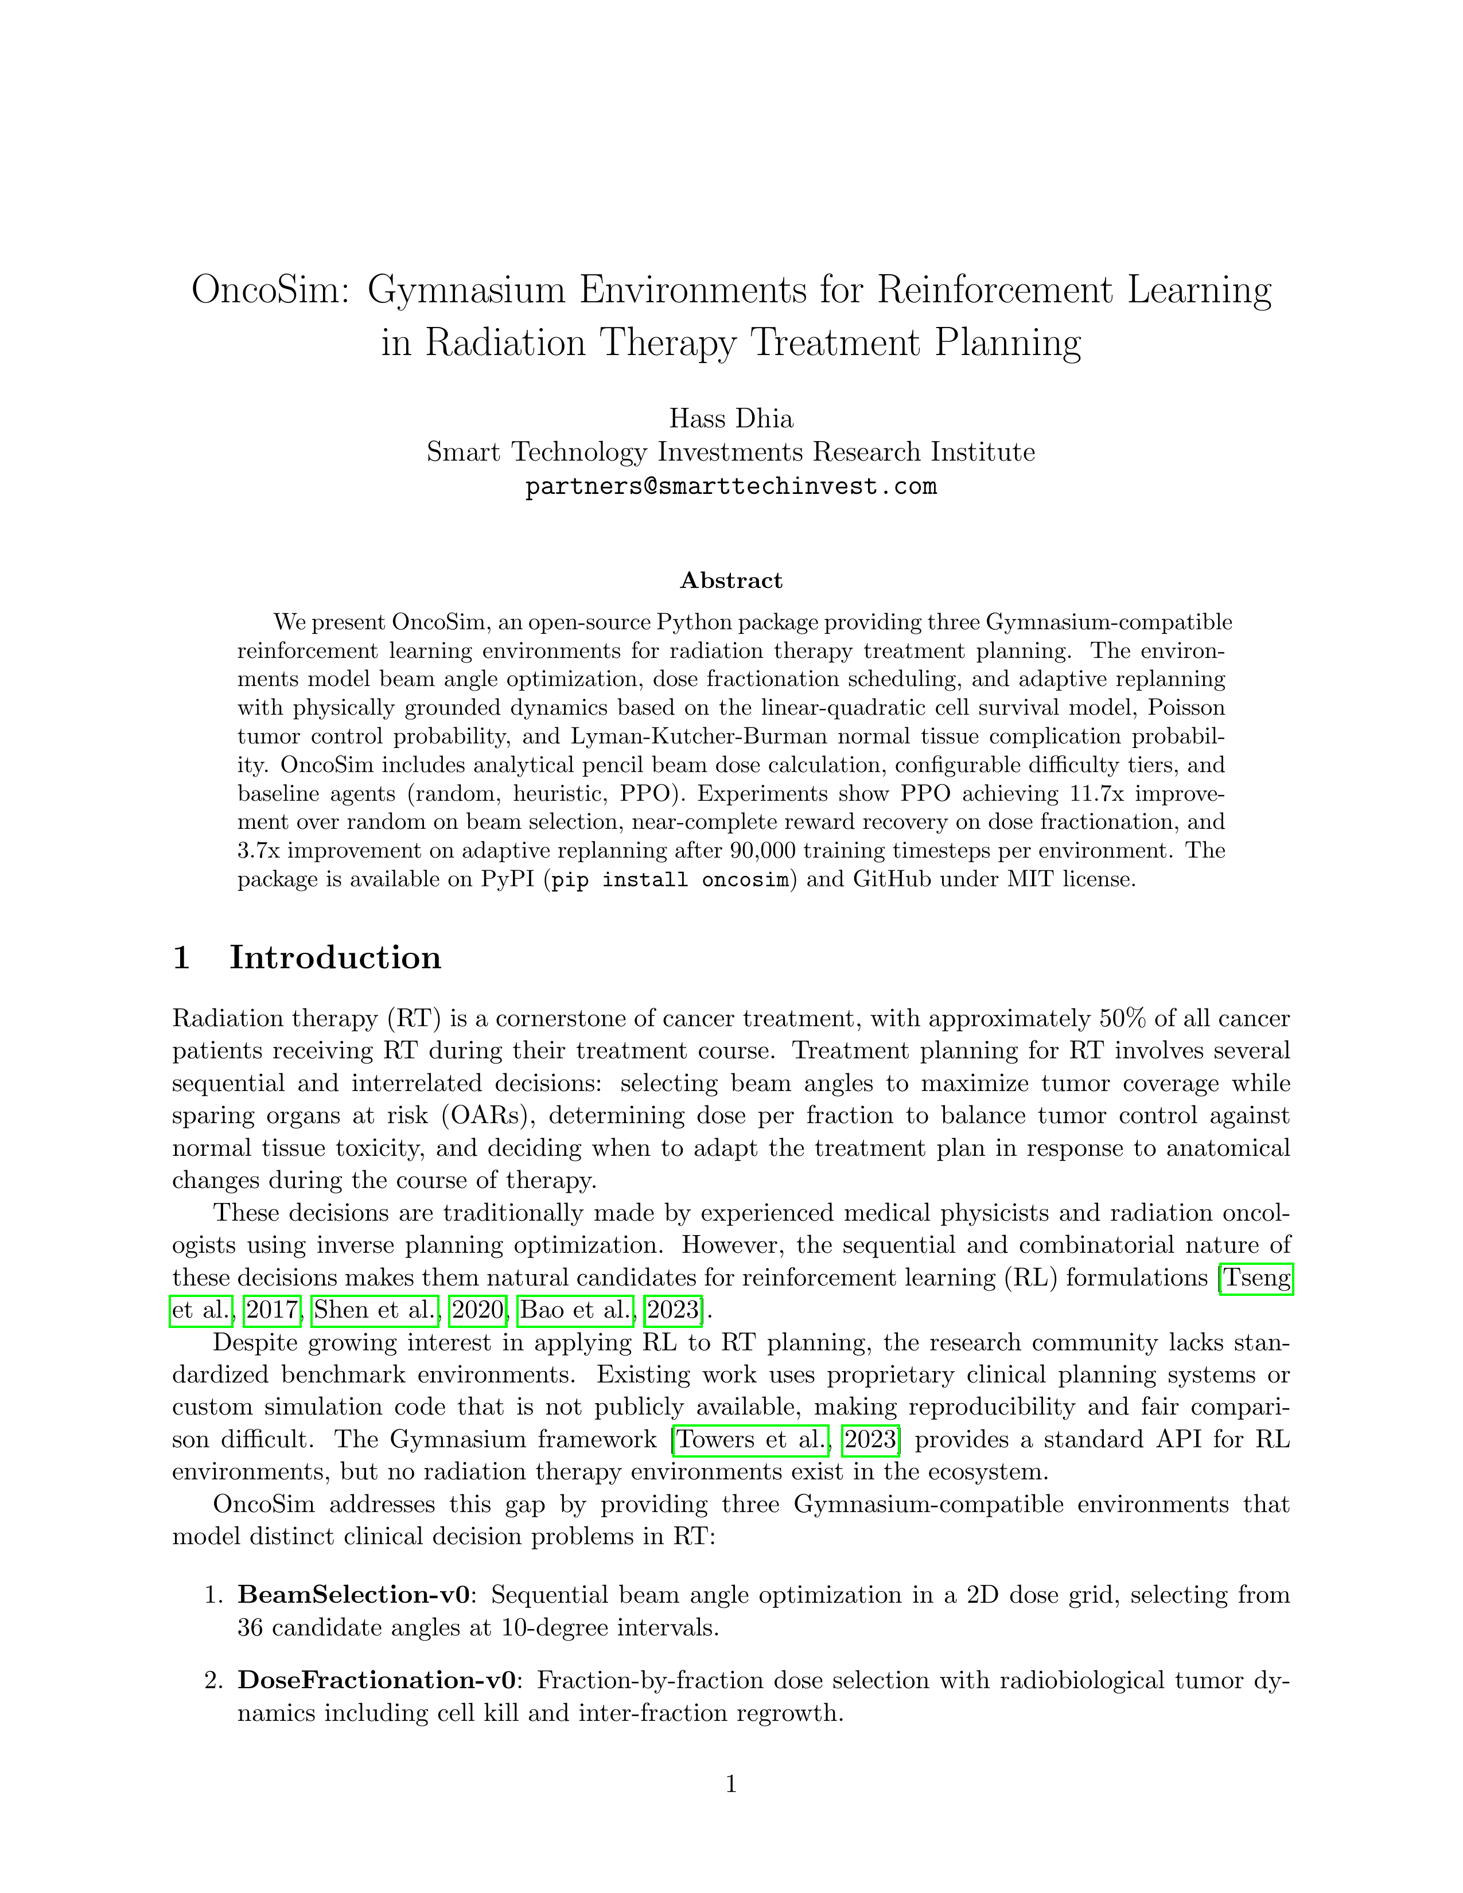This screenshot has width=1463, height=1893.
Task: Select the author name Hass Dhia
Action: pos(730,419)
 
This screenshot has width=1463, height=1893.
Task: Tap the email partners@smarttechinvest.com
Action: pos(730,486)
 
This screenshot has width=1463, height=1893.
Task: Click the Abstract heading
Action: pos(730,580)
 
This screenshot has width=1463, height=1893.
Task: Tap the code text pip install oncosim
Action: pos(672,880)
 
